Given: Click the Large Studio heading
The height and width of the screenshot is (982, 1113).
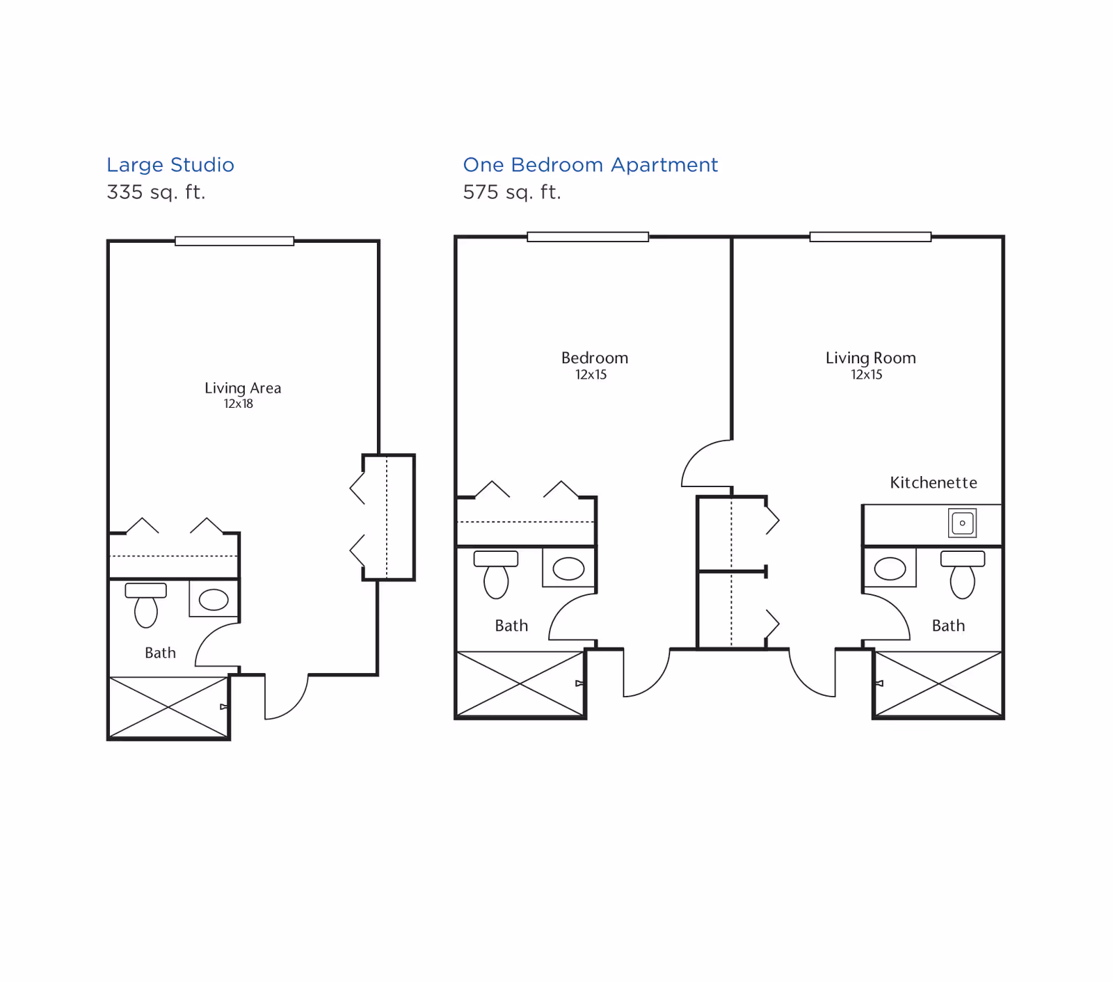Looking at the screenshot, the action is coord(170,166).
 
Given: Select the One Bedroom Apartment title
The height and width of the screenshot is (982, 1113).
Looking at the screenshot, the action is coord(590,166).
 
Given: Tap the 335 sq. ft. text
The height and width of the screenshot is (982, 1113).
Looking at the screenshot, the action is coord(156,192).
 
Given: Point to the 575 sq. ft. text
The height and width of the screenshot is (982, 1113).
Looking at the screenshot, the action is coord(512,192).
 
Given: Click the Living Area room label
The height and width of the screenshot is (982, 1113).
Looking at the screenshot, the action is coord(243,388).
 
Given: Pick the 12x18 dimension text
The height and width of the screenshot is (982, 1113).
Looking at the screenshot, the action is coord(238,404).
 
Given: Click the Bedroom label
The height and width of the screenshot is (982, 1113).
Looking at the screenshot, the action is coord(595,358).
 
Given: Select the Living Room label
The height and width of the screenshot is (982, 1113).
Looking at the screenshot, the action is coord(870,358).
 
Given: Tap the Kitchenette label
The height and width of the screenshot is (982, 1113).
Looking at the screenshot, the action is coord(934,483).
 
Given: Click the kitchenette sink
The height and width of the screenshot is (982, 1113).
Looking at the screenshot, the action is coord(963,523).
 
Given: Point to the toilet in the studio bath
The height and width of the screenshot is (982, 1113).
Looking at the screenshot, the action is coord(146,605).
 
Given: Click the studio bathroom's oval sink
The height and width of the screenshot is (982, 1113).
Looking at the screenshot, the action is coord(214,599).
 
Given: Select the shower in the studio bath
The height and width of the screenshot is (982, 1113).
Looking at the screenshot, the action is coord(169,707).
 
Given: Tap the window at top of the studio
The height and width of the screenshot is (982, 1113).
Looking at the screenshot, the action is coord(234,241).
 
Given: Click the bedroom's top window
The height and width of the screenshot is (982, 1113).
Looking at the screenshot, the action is coord(588,237).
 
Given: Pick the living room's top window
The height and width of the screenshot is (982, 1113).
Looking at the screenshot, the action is coord(870,237).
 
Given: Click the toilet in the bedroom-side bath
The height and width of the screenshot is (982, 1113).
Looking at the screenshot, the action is coord(496,574).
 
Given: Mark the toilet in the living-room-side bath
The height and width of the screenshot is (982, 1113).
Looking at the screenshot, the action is coord(963,574).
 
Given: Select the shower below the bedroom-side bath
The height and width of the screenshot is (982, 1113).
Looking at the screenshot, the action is coord(520,684).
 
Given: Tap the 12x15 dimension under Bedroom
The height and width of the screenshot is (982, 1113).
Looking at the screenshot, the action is coord(591,375).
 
